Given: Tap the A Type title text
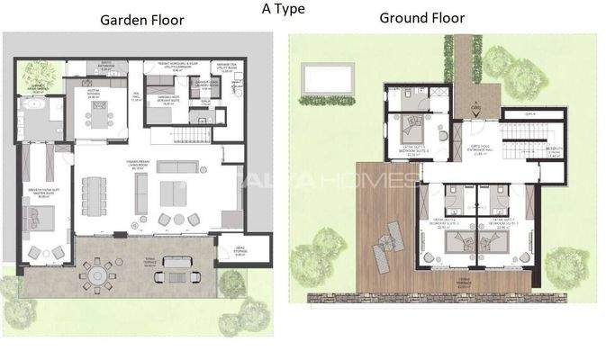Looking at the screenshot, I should (x=283, y=9).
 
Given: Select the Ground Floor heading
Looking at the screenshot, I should (x=421, y=18).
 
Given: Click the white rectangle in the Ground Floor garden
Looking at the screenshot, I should (x=327, y=78).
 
